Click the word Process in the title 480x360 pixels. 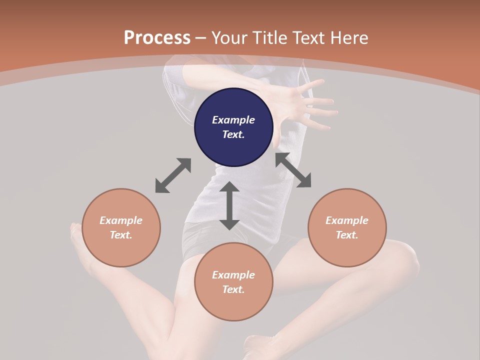tap(157, 38)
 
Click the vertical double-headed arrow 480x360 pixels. tap(229, 205)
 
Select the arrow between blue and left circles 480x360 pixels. tap(173, 175)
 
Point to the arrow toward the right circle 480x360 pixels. tap(293, 170)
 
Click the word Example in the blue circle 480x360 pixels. tap(233, 120)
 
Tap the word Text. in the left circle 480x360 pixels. tap(121, 235)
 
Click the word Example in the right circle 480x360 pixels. tap(347, 220)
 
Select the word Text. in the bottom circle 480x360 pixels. tap(233, 289)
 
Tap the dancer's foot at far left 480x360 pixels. tap(77, 235)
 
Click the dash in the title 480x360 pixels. tap(201, 38)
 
